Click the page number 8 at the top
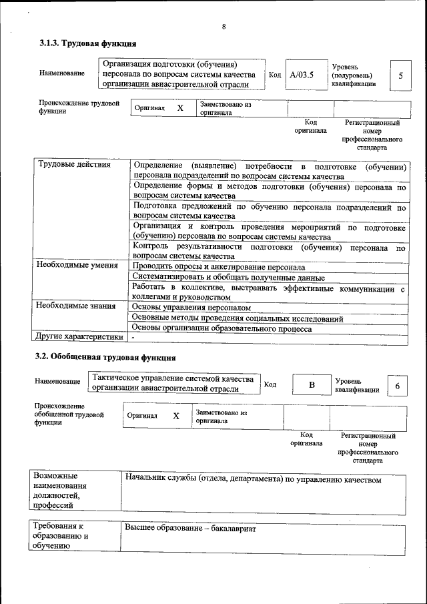(x=224, y=27)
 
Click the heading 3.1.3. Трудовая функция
(x=88, y=44)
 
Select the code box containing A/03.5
(x=302, y=75)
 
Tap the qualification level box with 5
(x=400, y=75)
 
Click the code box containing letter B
(x=311, y=386)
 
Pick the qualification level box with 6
(x=398, y=386)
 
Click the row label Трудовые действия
(x=75, y=165)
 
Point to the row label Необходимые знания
(x=76, y=306)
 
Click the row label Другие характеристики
(x=79, y=336)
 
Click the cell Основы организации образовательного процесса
(x=222, y=328)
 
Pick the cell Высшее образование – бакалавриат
(x=190, y=528)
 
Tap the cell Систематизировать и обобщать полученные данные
(x=228, y=277)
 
